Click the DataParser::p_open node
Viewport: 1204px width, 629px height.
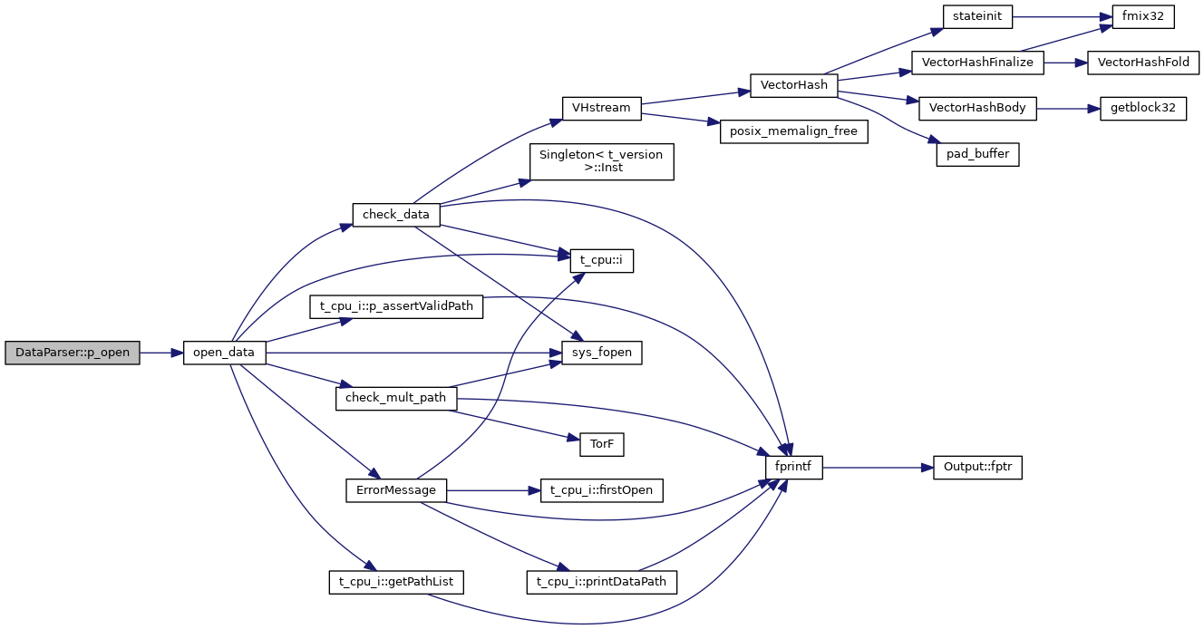(x=73, y=353)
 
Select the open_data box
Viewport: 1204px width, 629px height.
(x=225, y=353)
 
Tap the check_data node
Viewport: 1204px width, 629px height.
(x=396, y=215)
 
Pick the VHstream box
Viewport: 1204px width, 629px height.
(x=601, y=108)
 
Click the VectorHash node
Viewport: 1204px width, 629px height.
(x=794, y=85)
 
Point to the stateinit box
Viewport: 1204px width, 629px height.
(x=976, y=16)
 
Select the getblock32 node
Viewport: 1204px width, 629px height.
(x=1142, y=108)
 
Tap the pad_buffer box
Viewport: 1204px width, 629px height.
(x=977, y=154)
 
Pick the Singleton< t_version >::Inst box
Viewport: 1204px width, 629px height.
(x=601, y=161)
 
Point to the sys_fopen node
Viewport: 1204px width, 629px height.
(x=601, y=353)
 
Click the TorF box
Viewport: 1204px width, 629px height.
(x=601, y=444)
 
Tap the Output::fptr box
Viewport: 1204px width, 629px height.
(x=977, y=468)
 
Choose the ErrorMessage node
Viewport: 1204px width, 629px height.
(x=396, y=490)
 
